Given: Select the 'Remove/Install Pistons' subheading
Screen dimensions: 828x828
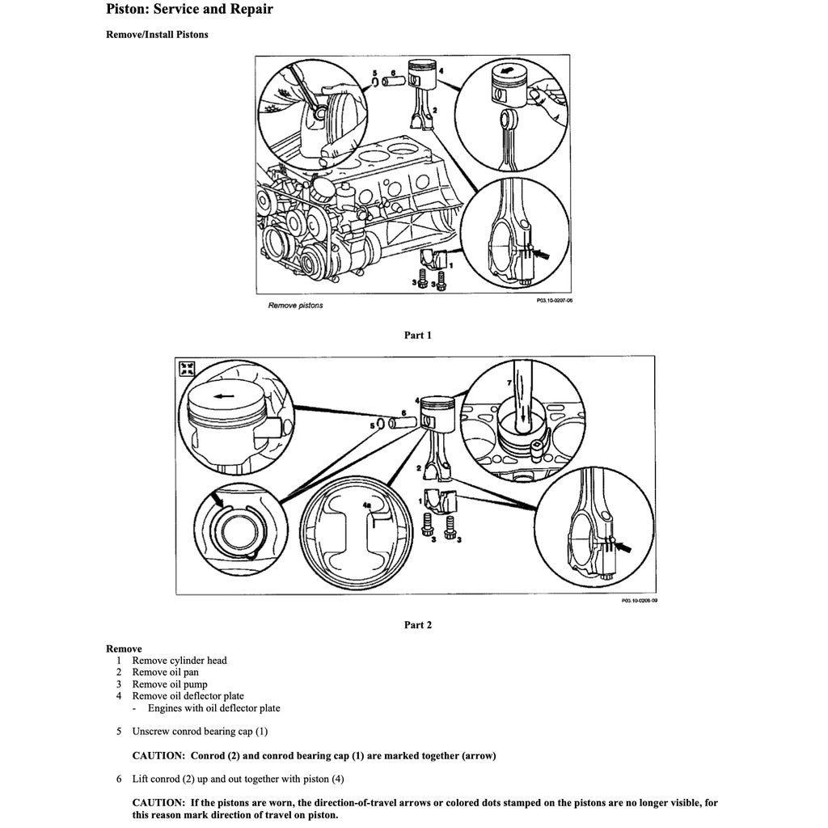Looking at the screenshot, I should (157, 35).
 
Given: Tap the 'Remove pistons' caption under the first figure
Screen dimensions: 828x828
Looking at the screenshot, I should (295, 306).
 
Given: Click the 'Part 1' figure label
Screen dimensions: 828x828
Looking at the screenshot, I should (417, 335).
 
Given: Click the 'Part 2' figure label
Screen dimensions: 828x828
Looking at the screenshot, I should (417, 624).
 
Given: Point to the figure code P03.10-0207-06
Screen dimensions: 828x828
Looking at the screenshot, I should (554, 299).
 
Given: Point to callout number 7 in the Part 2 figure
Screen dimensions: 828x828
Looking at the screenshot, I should (509, 380).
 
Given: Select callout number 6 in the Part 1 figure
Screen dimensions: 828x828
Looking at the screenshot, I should (394, 74).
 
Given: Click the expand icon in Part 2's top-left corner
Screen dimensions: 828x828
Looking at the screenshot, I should (188, 368).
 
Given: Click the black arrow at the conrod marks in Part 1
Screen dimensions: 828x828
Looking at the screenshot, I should (539, 253).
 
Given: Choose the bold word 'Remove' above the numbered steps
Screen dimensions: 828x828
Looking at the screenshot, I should (124, 648).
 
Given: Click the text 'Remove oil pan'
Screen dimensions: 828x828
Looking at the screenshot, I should (165, 672).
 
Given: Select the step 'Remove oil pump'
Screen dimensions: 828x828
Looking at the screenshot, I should (170, 684).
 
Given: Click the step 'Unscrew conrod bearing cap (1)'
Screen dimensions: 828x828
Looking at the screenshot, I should (200, 732).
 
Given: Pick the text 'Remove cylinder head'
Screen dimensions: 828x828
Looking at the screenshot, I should (180, 661).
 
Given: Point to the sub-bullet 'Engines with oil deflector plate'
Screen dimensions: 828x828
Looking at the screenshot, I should (213, 708).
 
